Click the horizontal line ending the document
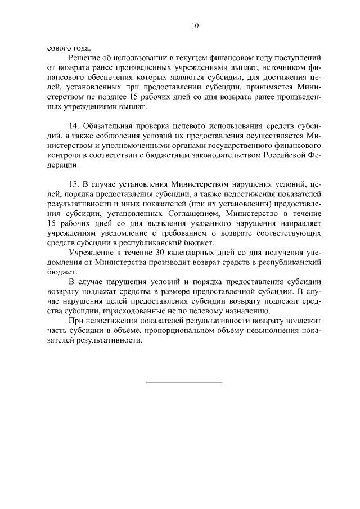tap(184, 382)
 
